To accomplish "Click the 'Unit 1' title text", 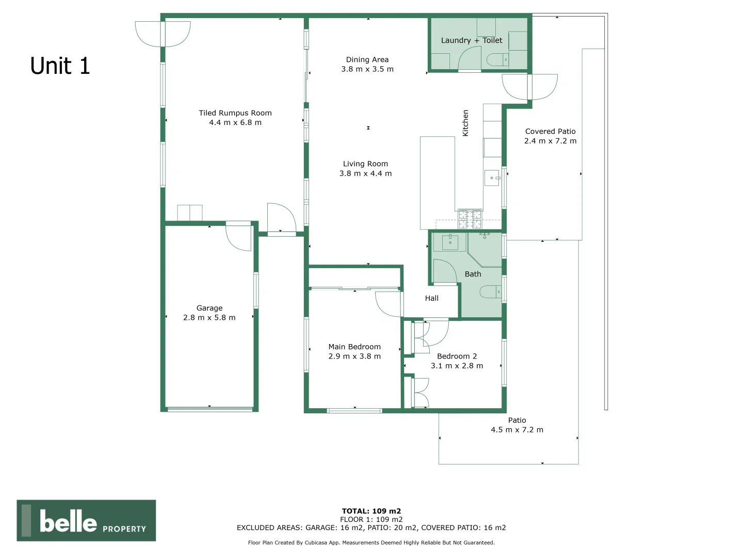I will [60, 66].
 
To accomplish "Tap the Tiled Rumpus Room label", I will [235, 113].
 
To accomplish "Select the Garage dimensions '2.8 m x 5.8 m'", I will [209, 318].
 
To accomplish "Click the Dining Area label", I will [367, 60].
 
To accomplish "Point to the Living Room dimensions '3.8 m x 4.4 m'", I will [365, 174].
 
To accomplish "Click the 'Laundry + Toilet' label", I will [472, 40].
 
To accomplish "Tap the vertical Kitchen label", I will [465, 123].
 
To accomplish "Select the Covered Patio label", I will [550, 132].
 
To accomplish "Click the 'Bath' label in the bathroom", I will [473, 274].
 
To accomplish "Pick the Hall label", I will [432, 298].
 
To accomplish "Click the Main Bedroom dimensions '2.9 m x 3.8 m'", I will [354, 357].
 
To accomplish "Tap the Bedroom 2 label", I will [457, 356].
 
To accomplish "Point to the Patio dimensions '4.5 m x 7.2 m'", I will [517, 430].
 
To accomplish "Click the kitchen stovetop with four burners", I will [470, 219].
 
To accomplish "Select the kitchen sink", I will [492, 178].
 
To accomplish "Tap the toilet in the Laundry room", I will [499, 60].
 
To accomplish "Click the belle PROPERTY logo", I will [86, 521].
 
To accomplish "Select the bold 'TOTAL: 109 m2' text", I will [372, 511].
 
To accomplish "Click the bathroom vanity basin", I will [450, 241].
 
